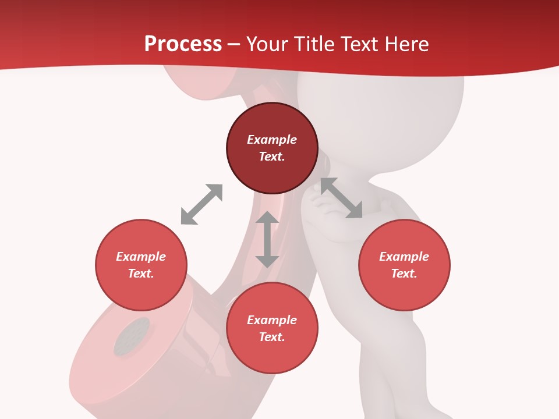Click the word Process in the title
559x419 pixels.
(x=183, y=44)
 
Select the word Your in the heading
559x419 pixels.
(x=267, y=44)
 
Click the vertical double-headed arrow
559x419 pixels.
(x=267, y=239)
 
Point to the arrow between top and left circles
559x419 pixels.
(x=201, y=204)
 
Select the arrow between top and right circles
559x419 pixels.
(x=341, y=198)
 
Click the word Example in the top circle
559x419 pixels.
(x=272, y=140)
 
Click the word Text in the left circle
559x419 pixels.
(x=141, y=274)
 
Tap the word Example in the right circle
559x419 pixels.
(x=404, y=257)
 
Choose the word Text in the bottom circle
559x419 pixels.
(x=272, y=337)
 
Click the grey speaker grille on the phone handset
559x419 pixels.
(x=132, y=337)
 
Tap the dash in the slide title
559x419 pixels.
(x=234, y=44)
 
